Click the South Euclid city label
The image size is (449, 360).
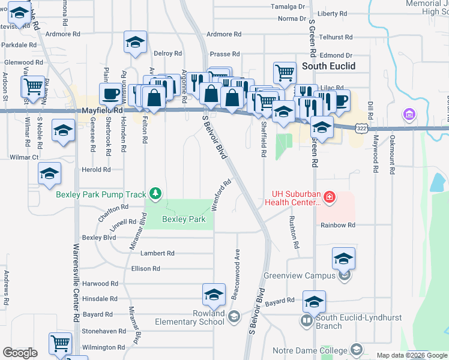328,66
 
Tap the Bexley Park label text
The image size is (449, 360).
184,219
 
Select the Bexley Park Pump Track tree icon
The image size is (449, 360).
156,193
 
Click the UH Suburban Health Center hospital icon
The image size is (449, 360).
329,196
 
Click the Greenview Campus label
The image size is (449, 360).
298,276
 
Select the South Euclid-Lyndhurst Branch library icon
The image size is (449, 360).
307,321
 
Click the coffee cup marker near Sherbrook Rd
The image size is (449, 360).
110,94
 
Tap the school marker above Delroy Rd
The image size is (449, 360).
135,43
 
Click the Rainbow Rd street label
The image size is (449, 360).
338,225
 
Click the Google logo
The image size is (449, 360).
20,353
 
